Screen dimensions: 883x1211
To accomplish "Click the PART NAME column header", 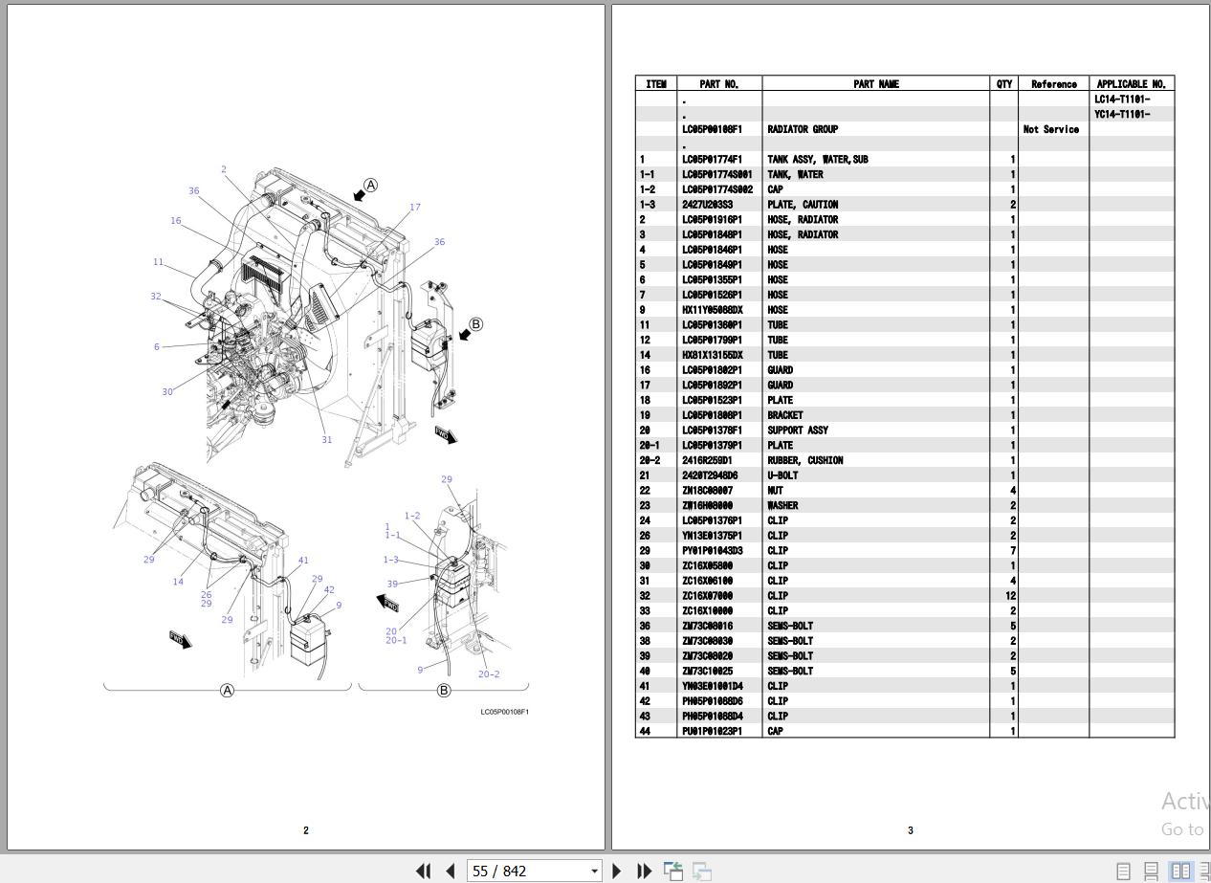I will coord(875,84).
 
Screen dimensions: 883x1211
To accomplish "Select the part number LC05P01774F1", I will coord(712,160).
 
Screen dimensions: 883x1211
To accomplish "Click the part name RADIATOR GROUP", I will coord(802,129).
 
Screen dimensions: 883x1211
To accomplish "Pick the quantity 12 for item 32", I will coord(1010,596).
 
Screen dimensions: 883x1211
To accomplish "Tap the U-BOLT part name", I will coord(782,475).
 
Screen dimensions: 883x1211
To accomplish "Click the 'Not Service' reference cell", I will coord(1050,129).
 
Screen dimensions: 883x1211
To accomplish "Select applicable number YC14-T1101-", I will coord(1122,115).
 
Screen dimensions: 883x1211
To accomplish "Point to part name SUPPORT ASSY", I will coord(797,430).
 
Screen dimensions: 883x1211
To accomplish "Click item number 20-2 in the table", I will coord(650,460).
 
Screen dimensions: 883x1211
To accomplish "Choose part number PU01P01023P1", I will coord(712,732).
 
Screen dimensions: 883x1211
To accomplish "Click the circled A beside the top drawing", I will coord(371,186).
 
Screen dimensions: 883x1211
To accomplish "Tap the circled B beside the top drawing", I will coord(476,324).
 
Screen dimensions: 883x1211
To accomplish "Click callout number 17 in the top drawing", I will coord(414,207).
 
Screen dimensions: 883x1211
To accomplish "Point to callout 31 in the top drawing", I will coord(326,440).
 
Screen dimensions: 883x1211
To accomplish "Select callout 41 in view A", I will coord(303,561).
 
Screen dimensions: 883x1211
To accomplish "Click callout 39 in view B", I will coord(392,584).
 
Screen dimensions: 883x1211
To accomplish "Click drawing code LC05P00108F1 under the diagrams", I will coord(504,712).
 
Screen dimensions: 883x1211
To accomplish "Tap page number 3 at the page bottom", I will coord(910,830).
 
